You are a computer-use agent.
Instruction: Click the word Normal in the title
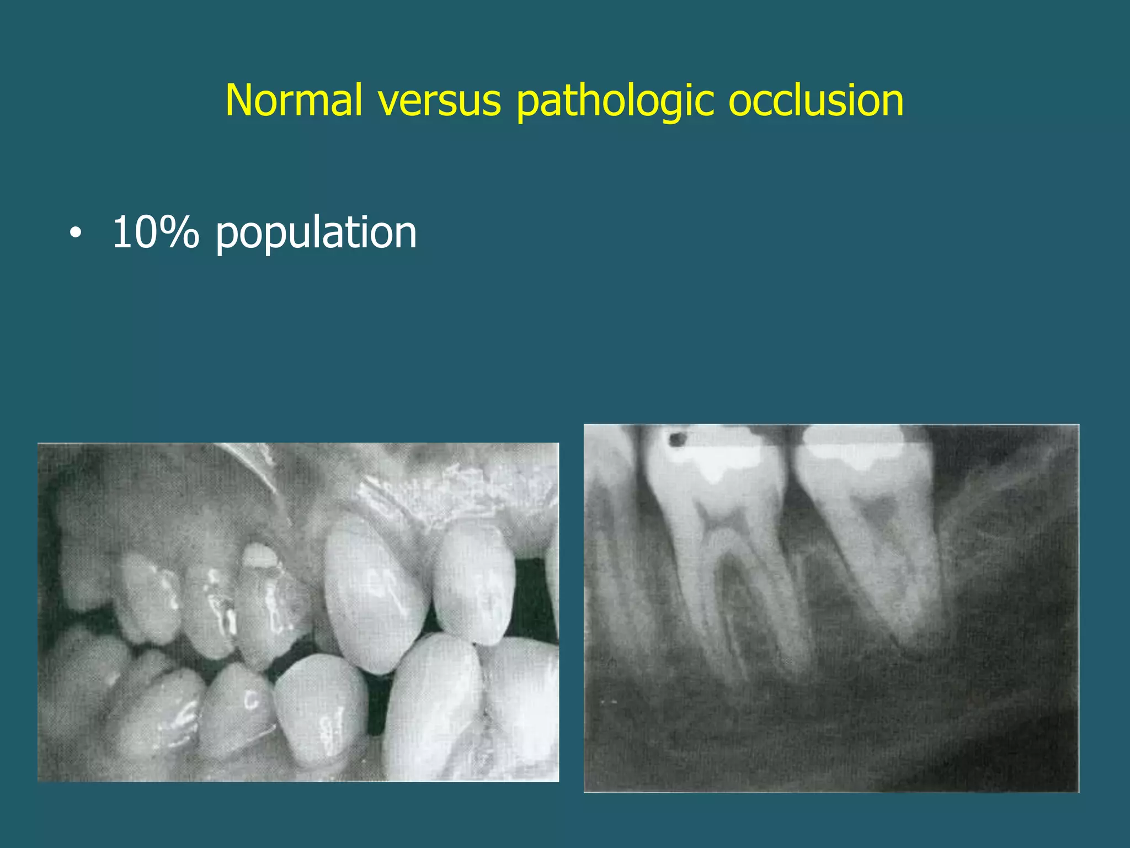click(294, 100)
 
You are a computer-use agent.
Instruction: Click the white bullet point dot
click(76, 234)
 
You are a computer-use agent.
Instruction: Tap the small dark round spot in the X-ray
click(676, 439)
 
